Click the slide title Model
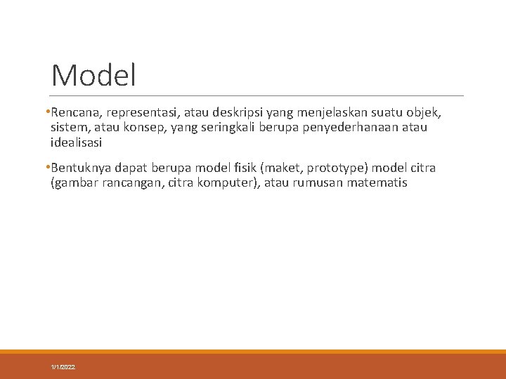pyautogui.click(x=93, y=76)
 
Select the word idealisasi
pyautogui.click(x=77, y=142)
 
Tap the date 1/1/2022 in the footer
pyautogui.click(x=63, y=368)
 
